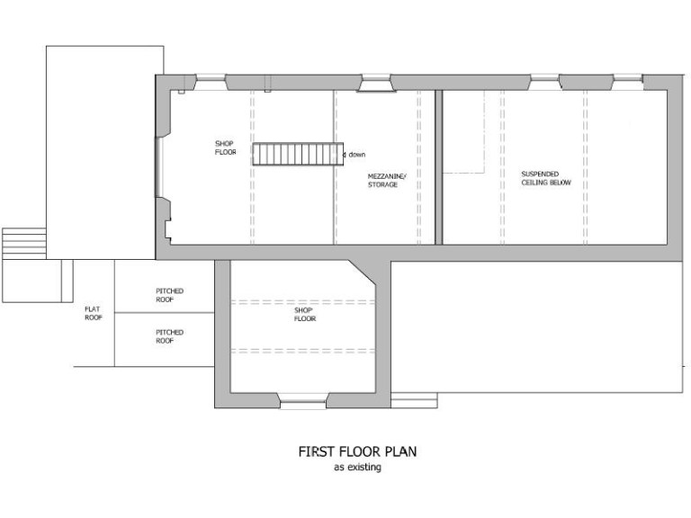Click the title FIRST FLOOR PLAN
point(357,451)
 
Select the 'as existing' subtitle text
point(357,468)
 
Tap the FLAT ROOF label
point(94,313)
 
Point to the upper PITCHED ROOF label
point(169,295)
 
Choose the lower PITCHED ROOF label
point(169,337)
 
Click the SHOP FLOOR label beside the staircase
point(225,148)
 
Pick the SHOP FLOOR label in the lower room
point(304,314)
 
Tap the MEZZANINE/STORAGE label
point(387,180)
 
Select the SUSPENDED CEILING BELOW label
point(546,178)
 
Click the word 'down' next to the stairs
point(356,155)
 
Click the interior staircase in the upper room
point(297,154)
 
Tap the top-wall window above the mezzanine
point(376,83)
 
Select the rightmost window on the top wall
point(627,80)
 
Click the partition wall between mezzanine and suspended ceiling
point(439,166)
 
